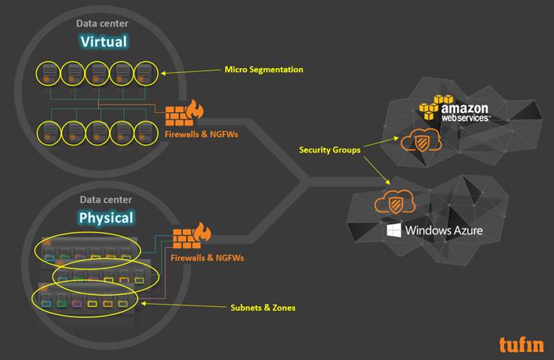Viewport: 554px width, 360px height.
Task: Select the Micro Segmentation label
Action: tap(263, 70)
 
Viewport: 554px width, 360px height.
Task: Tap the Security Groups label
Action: tap(329, 150)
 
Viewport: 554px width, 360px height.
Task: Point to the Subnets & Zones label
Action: tap(262, 308)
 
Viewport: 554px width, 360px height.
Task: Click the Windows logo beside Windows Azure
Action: tap(394, 231)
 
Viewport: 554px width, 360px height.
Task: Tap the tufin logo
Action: tap(520, 344)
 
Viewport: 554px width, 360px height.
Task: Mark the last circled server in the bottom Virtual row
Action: tap(145, 131)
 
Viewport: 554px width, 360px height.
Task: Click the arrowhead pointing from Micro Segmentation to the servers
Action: tap(164, 73)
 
